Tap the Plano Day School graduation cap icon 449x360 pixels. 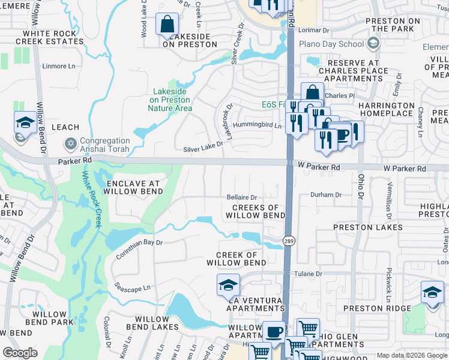point(373,43)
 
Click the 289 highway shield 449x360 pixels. point(289,241)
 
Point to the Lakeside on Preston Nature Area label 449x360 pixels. point(170,100)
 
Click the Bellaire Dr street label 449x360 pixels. point(241,197)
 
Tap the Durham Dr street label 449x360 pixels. point(326,195)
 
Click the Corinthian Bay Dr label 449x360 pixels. point(139,247)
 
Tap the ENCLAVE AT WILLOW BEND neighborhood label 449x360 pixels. point(133,187)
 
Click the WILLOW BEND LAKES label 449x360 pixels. point(157,323)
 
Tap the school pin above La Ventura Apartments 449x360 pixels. point(229,286)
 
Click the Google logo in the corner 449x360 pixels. point(20,353)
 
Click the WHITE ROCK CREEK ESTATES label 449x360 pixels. point(50,38)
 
